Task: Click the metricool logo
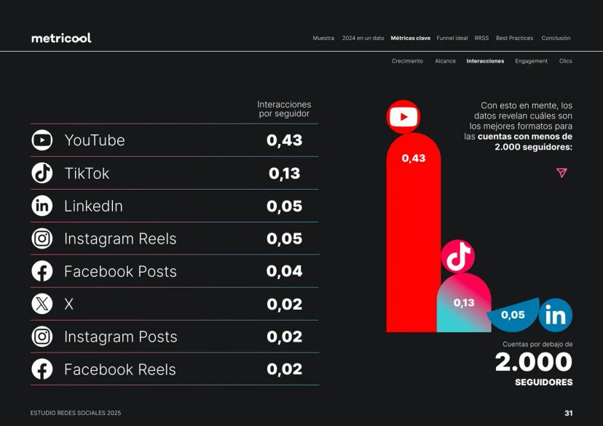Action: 61,38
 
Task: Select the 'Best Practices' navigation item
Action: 514,38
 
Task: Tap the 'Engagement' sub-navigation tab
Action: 531,61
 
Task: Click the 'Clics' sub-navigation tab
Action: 565,61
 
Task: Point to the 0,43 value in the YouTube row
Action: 284,140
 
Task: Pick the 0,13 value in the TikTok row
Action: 284,173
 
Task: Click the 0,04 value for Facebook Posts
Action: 284,271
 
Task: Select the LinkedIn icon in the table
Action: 42,206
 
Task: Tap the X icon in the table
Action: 42,304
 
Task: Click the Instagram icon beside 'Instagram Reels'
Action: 42,238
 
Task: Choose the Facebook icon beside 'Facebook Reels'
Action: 42,369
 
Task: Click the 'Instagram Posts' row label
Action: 120,337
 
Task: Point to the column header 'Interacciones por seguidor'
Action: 284,109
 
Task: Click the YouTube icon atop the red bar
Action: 403,116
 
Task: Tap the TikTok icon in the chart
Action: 458,256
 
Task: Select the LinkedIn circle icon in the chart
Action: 556,316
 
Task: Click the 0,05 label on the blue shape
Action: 513,316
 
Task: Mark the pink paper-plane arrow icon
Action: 561,173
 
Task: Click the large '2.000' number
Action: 534,362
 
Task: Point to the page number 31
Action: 568,413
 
